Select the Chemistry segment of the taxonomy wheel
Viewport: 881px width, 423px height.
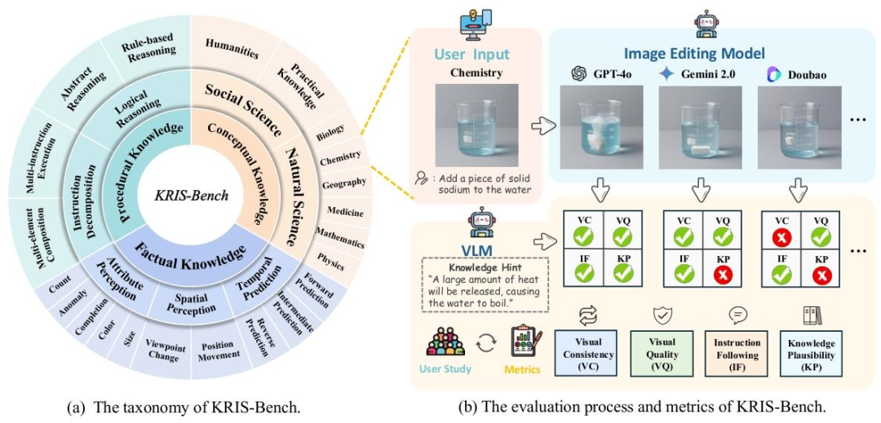pos(339,161)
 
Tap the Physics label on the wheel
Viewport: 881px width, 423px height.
pos(331,262)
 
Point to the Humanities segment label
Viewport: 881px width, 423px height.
pos(232,48)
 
